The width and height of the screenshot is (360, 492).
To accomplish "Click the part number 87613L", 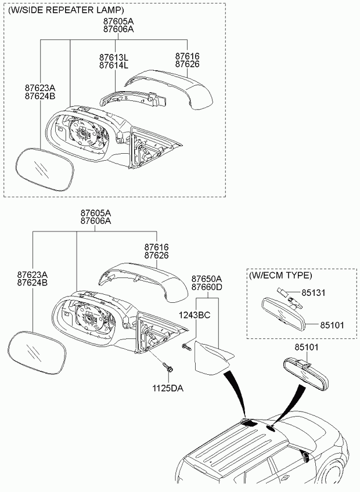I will pyautogui.click(x=113, y=58).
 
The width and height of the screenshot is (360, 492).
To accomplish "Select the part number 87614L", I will pyautogui.click(x=113, y=66).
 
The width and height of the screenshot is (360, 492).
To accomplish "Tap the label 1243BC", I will pyautogui.click(x=195, y=315).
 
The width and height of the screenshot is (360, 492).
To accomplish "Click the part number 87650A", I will pyautogui.click(x=207, y=278).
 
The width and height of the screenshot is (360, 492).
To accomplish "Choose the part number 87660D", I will pyautogui.click(x=207, y=287).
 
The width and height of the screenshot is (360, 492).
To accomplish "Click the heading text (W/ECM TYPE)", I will pyautogui.click(x=280, y=276).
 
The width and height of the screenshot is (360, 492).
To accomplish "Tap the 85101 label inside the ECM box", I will pyautogui.click(x=332, y=324).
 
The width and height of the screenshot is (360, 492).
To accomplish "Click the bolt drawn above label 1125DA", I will pyautogui.click(x=168, y=368).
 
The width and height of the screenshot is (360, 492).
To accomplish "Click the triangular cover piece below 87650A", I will pyautogui.click(x=211, y=356).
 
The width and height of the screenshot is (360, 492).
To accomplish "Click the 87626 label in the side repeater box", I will pyautogui.click(x=187, y=64).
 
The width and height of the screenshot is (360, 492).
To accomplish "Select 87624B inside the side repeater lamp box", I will pyautogui.click(x=39, y=96).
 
